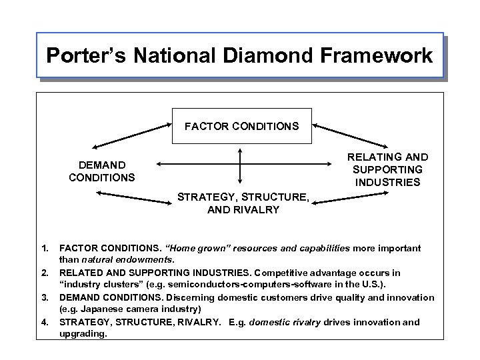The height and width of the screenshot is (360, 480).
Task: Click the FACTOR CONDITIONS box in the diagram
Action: coord(241,125)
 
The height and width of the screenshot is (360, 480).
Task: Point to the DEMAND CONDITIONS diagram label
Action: coord(101,171)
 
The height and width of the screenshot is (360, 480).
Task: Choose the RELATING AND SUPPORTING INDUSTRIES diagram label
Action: coord(388,170)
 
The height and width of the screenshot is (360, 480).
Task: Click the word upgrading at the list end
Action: coord(83,333)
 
